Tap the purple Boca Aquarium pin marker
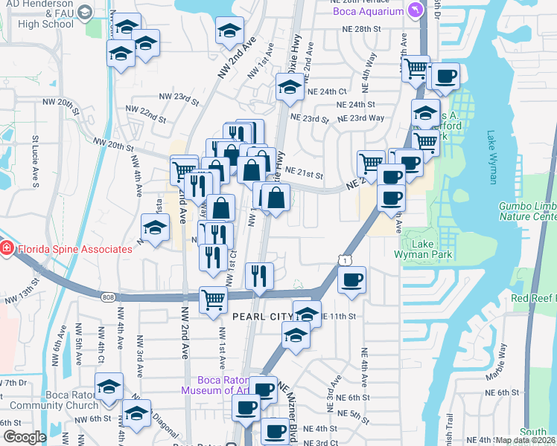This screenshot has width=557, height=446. point(416,10)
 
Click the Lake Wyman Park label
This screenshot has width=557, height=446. point(425,249)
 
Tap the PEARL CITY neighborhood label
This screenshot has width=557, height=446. point(262,317)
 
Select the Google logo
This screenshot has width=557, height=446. point(25,437)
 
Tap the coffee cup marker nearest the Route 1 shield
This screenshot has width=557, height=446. point(351,281)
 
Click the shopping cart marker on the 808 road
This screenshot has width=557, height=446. point(213,300)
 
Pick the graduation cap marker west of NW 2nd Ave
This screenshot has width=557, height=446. point(154,227)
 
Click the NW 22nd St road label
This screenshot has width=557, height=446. point(146,114)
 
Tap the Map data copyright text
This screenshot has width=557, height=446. point(524,440)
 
